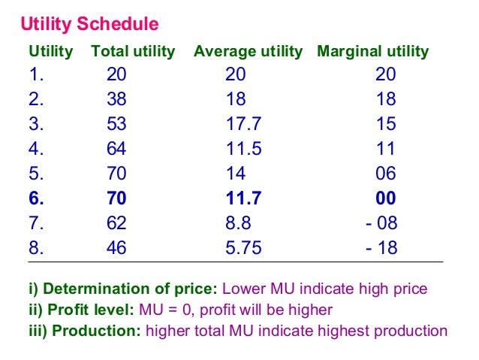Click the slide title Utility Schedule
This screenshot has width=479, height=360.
(x=89, y=25)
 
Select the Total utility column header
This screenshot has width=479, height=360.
(x=133, y=52)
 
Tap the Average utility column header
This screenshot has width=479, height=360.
(x=248, y=52)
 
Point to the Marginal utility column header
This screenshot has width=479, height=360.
(x=372, y=52)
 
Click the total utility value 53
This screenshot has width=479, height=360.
(x=116, y=124)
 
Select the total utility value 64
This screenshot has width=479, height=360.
(x=116, y=149)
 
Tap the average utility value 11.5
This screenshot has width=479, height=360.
(x=243, y=149)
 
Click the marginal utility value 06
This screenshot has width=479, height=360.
(x=385, y=174)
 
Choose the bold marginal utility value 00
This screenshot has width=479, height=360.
(x=385, y=198)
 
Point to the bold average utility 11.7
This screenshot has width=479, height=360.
(x=243, y=198)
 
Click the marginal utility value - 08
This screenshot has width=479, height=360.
(x=381, y=223)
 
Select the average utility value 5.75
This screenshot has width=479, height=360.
(x=243, y=248)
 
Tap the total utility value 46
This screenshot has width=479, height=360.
(x=116, y=248)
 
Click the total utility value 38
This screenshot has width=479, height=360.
(x=116, y=99)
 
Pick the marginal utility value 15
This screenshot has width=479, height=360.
(x=385, y=124)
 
